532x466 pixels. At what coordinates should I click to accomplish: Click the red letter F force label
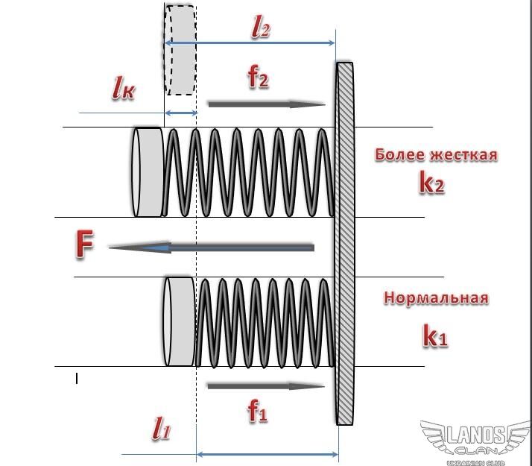tap(85, 245)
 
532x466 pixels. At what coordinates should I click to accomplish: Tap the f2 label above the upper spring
tap(258, 78)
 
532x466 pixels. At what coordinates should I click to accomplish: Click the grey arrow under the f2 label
tap(266, 104)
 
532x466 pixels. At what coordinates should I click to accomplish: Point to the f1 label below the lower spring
tap(257, 411)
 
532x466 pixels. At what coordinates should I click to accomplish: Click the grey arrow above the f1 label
tap(265, 386)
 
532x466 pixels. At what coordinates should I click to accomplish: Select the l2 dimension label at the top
tap(260, 29)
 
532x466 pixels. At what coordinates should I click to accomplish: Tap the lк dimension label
tap(123, 89)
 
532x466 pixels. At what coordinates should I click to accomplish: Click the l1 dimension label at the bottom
tap(162, 429)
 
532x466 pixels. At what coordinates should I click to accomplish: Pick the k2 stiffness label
tap(431, 183)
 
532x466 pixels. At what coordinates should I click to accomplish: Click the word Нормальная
tap(436, 298)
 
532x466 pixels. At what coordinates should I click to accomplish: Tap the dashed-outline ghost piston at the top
tap(180, 50)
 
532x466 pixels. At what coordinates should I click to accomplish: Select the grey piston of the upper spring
tap(148, 171)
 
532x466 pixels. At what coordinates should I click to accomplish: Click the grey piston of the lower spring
tap(179, 321)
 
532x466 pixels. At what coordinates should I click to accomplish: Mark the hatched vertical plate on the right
tap(344, 243)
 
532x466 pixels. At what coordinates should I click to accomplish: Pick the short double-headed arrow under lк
tap(180, 113)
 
